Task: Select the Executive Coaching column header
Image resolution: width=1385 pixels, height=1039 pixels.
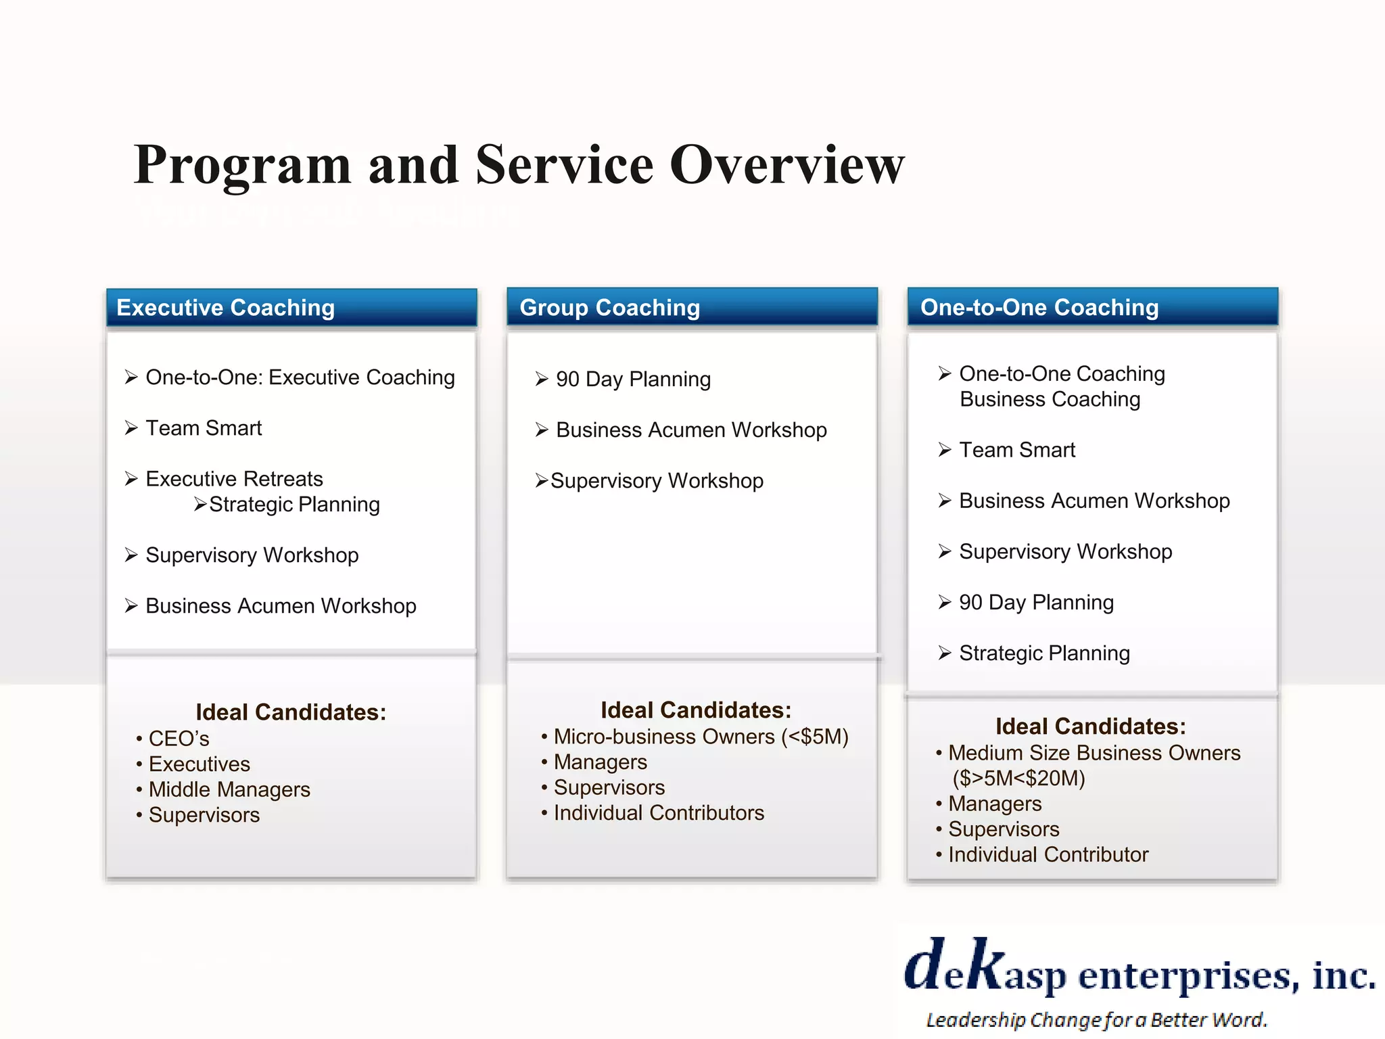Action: pyautogui.click(x=225, y=308)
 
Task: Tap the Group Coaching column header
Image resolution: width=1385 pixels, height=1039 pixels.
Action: pyautogui.click(x=609, y=308)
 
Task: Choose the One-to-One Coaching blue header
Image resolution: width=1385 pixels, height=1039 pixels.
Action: pyautogui.click(x=1039, y=307)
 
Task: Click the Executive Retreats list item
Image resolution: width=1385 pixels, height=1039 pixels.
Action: pyautogui.click(x=234, y=479)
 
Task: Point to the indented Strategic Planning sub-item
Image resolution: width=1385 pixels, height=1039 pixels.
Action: pyautogui.click(x=294, y=505)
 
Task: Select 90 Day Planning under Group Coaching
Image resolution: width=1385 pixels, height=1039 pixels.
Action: pyautogui.click(x=633, y=379)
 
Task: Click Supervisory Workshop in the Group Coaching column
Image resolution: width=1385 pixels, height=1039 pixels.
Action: pyautogui.click(x=657, y=481)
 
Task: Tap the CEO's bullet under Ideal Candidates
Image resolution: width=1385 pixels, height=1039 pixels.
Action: pyautogui.click(x=179, y=739)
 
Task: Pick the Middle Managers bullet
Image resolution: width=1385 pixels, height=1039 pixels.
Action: pyautogui.click(x=229, y=789)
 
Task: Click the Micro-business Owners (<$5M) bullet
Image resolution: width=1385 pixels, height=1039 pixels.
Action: pyautogui.click(x=701, y=737)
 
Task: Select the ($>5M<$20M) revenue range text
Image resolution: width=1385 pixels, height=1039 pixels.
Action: pyautogui.click(x=1018, y=779)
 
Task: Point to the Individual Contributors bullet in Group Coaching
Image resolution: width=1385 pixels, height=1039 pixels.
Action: pyautogui.click(x=659, y=813)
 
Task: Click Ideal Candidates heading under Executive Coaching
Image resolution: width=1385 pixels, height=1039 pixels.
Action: pyautogui.click(x=291, y=712)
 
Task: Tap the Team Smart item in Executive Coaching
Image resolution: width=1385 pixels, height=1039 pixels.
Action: pyautogui.click(x=204, y=428)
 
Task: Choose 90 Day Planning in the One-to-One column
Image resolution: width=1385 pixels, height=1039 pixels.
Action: pyautogui.click(x=1036, y=603)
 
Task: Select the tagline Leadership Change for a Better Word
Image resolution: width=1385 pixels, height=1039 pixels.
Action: pyautogui.click(x=1096, y=1019)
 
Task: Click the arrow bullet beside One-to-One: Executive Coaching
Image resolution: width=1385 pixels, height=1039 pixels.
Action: pyautogui.click(x=131, y=377)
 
